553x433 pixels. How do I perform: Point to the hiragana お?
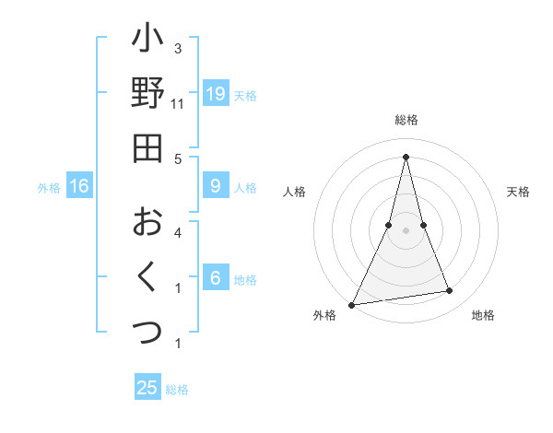click(147, 221)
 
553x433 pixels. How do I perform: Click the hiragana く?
click(147, 275)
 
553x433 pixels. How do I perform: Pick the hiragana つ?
click(147, 330)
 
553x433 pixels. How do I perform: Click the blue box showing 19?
click(216, 93)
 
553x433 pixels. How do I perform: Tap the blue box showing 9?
click(216, 186)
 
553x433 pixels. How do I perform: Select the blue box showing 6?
click(216, 278)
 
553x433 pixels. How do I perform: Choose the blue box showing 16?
click(79, 186)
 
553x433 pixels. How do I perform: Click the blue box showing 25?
click(147, 388)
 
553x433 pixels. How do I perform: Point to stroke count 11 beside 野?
click(177, 104)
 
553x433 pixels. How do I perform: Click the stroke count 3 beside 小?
click(177, 48)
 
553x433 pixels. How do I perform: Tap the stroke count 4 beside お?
click(177, 232)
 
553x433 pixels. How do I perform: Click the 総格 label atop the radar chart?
click(406, 120)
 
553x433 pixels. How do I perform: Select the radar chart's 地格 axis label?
click(483, 315)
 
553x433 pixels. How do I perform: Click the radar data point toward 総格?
click(406, 156)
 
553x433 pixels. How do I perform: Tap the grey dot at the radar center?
click(406, 230)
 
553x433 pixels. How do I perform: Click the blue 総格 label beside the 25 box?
click(177, 390)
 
